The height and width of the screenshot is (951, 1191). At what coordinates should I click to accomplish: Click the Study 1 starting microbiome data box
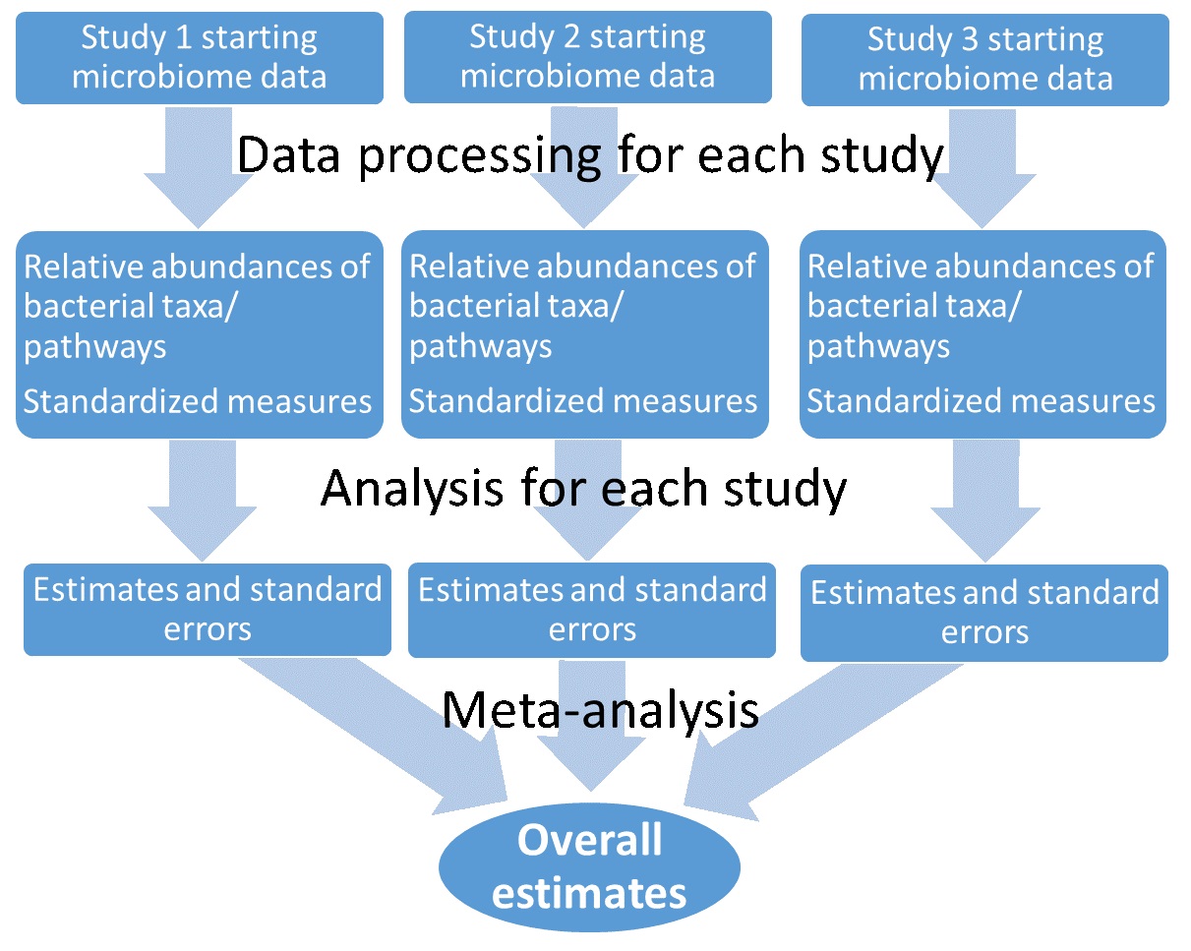click(200, 58)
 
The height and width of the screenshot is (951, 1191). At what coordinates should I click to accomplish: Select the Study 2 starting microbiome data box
click(588, 57)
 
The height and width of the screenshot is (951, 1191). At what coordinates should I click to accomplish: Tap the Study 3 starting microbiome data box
click(985, 60)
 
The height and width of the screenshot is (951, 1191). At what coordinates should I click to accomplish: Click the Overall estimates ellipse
click(589, 866)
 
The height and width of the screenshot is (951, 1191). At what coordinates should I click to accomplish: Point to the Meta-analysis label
click(601, 711)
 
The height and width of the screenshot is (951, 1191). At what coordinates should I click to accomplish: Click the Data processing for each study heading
click(590, 155)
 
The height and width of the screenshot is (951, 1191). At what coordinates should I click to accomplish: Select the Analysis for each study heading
click(584, 488)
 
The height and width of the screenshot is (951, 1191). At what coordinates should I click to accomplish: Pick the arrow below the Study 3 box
click(983, 168)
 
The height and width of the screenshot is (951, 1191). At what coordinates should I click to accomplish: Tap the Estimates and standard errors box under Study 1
click(208, 610)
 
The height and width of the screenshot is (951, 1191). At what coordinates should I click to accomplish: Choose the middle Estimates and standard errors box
click(592, 610)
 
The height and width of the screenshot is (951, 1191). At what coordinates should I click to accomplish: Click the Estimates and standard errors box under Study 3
click(984, 613)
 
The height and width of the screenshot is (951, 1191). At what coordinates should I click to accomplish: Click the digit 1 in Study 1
click(183, 37)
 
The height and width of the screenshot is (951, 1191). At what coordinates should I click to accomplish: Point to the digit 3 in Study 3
click(970, 39)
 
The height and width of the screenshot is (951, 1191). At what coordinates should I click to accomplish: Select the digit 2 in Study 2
click(571, 36)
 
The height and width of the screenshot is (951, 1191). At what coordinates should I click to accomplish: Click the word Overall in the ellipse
click(589, 840)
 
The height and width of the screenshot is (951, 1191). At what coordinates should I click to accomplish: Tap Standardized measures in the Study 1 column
click(198, 401)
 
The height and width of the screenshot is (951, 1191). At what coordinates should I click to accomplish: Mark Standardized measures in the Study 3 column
click(982, 401)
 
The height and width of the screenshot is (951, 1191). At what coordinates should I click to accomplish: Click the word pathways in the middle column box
click(480, 347)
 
